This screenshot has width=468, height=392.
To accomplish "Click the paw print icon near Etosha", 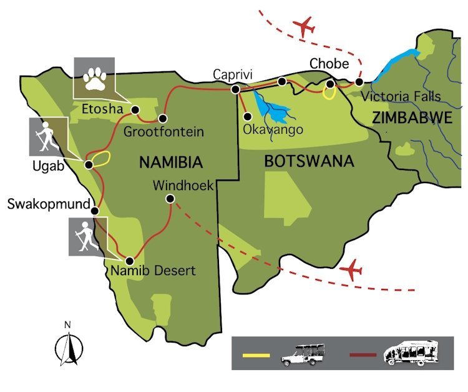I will pyautogui.click(x=94, y=78).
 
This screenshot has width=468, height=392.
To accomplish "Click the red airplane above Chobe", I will pyautogui.click(x=304, y=27).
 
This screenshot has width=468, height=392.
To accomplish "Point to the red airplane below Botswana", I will pyautogui.click(x=353, y=270).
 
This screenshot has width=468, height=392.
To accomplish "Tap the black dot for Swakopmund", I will pyautogui.click(x=95, y=211).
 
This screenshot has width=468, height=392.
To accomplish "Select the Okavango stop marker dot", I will pyautogui.click(x=248, y=116).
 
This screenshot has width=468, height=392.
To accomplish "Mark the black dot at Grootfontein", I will pyautogui.click(x=162, y=118).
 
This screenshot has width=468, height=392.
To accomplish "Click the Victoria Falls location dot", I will pyautogui.click(x=359, y=82).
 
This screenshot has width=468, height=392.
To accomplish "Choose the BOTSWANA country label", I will pyautogui.click(x=309, y=161).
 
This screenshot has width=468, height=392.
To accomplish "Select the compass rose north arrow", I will pyautogui.click(x=68, y=346).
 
